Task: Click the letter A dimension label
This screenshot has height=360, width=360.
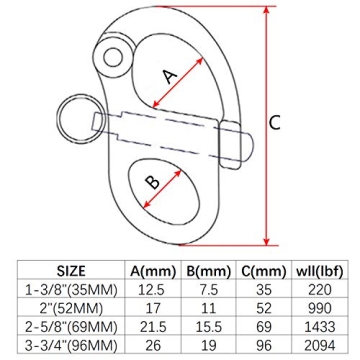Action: pos(170,75)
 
